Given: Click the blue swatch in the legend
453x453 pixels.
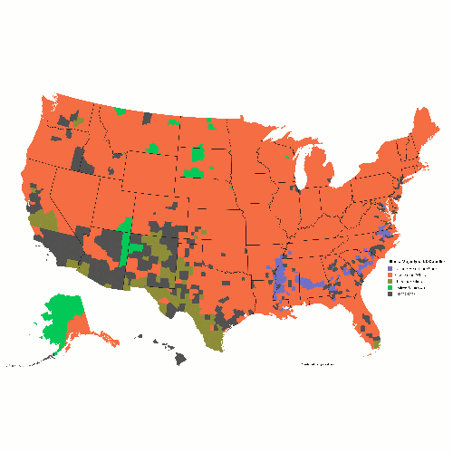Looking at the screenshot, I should (x=390, y=269).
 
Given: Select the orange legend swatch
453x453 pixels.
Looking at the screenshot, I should (x=390, y=275).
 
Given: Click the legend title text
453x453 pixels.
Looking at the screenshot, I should (x=416, y=262).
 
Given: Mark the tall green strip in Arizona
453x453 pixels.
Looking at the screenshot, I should (x=126, y=240).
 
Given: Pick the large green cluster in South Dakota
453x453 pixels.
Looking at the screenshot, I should (x=194, y=168).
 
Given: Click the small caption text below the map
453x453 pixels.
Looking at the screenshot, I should (x=316, y=364).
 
